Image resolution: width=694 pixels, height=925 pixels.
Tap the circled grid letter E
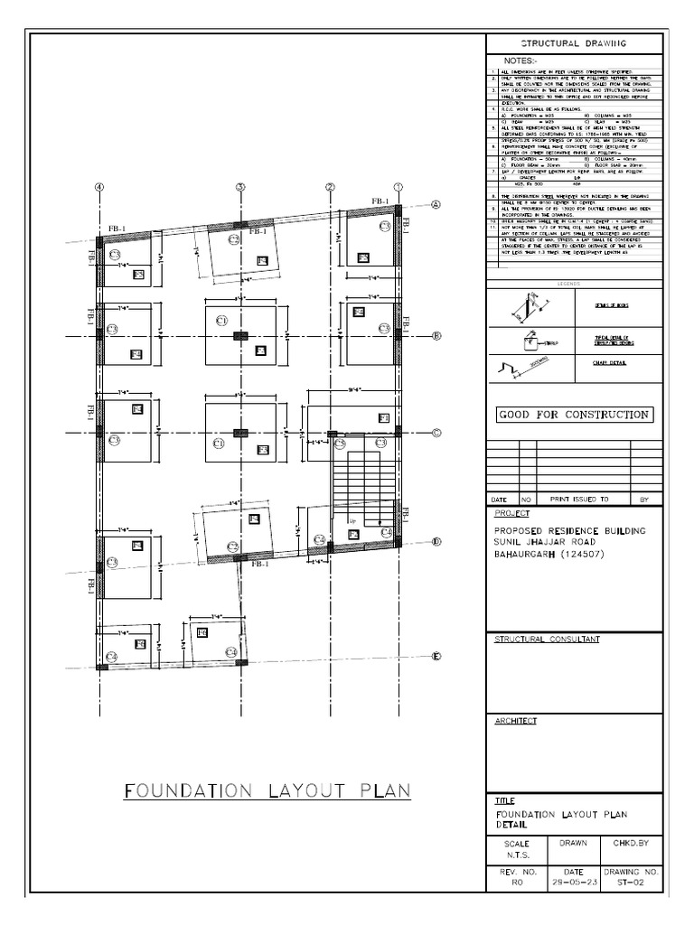[x=435, y=657]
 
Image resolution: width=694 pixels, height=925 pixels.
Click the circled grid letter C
[x=436, y=433]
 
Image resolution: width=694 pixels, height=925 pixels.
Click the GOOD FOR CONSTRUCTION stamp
[x=575, y=415]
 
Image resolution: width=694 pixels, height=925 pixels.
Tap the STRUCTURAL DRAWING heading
[x=575, y=42]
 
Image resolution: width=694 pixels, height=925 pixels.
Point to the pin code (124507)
[x=587, y=554]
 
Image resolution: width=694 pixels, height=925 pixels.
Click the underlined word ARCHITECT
[x=515, y=721]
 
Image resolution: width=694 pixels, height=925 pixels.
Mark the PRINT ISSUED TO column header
[x=579, y=498]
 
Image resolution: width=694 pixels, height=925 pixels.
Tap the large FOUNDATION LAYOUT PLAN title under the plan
[x=267, y=791]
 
